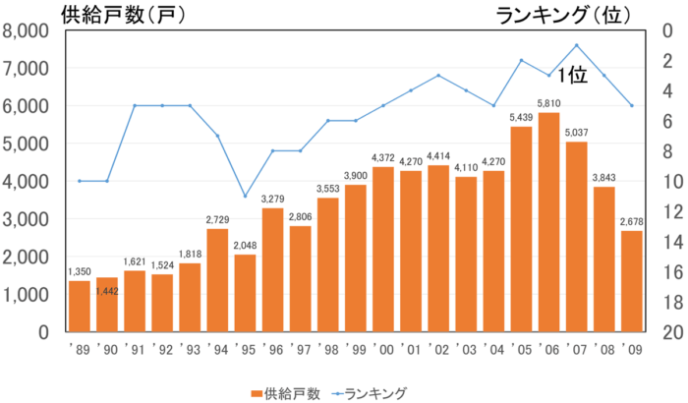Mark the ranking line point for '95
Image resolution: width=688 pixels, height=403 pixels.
(x=246, y=196)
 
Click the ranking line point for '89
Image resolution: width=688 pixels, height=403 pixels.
(x=80, y=181)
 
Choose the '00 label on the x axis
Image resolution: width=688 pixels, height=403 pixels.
(x=382, y=349)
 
